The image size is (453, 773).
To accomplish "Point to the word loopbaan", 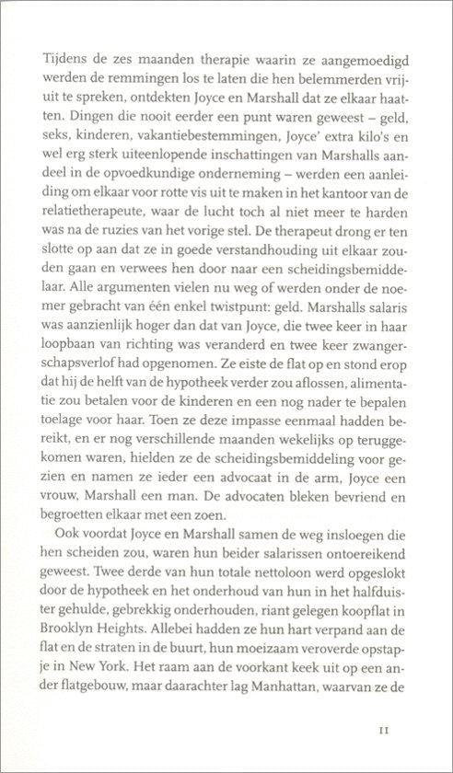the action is pos(70,368).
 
